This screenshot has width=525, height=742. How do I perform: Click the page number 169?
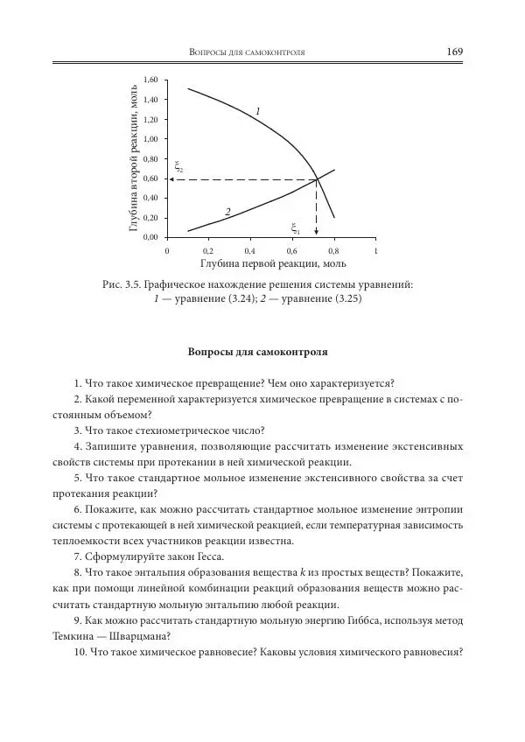pos(454,52)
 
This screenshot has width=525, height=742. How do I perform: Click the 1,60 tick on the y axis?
pos(150,80)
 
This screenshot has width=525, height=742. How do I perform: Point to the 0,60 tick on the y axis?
pos(150,178)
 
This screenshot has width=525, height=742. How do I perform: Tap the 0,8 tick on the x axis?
pos(333,250)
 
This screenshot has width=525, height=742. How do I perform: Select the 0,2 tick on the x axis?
pos(208,250)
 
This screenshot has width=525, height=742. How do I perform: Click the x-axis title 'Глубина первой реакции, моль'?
pos(273,262)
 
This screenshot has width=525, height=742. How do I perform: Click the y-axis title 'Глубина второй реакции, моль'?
pos(134,158)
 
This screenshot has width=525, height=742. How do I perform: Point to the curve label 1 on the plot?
pos(258,111)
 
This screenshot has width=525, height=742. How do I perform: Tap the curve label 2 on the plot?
pos(227,212)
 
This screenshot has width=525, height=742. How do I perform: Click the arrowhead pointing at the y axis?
pos(171,179)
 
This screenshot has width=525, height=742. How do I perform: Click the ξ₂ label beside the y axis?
pos(178,165)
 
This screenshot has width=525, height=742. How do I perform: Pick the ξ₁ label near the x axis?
pos(296,228)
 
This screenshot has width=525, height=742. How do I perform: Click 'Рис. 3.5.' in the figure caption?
pos(122,283)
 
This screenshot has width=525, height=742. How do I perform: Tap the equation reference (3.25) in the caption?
pos(343,298)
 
